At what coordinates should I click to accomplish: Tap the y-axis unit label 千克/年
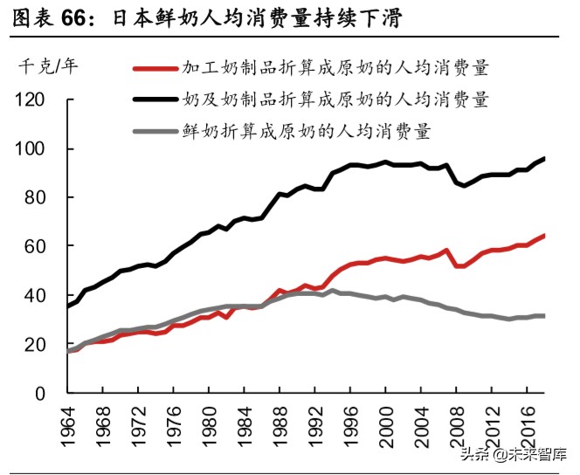pos(50,65)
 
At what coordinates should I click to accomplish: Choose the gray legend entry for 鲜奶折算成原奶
pos(306,131)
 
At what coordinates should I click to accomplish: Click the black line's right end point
pos(543,158)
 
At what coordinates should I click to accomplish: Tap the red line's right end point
pos(543,236)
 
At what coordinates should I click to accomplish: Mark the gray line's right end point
pos(543,316)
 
